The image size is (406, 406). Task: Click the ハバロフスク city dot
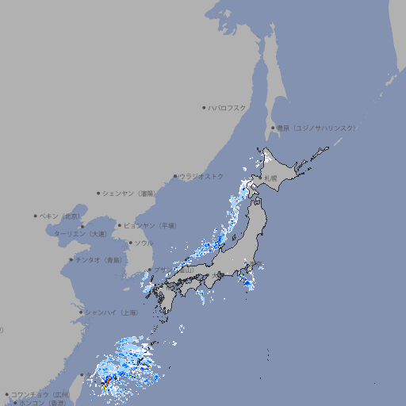click(204, 107)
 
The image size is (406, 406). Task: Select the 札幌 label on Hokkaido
click(271, 178)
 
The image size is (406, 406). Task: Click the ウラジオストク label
click(201, 176)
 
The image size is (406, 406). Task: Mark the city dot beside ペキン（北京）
click(35, 216)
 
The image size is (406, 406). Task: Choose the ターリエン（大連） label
click(80, 234)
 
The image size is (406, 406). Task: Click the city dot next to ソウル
click(130, 243)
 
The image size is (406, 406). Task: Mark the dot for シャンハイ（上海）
click(81, 312)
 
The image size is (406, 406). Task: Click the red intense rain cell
click(105, 385)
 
